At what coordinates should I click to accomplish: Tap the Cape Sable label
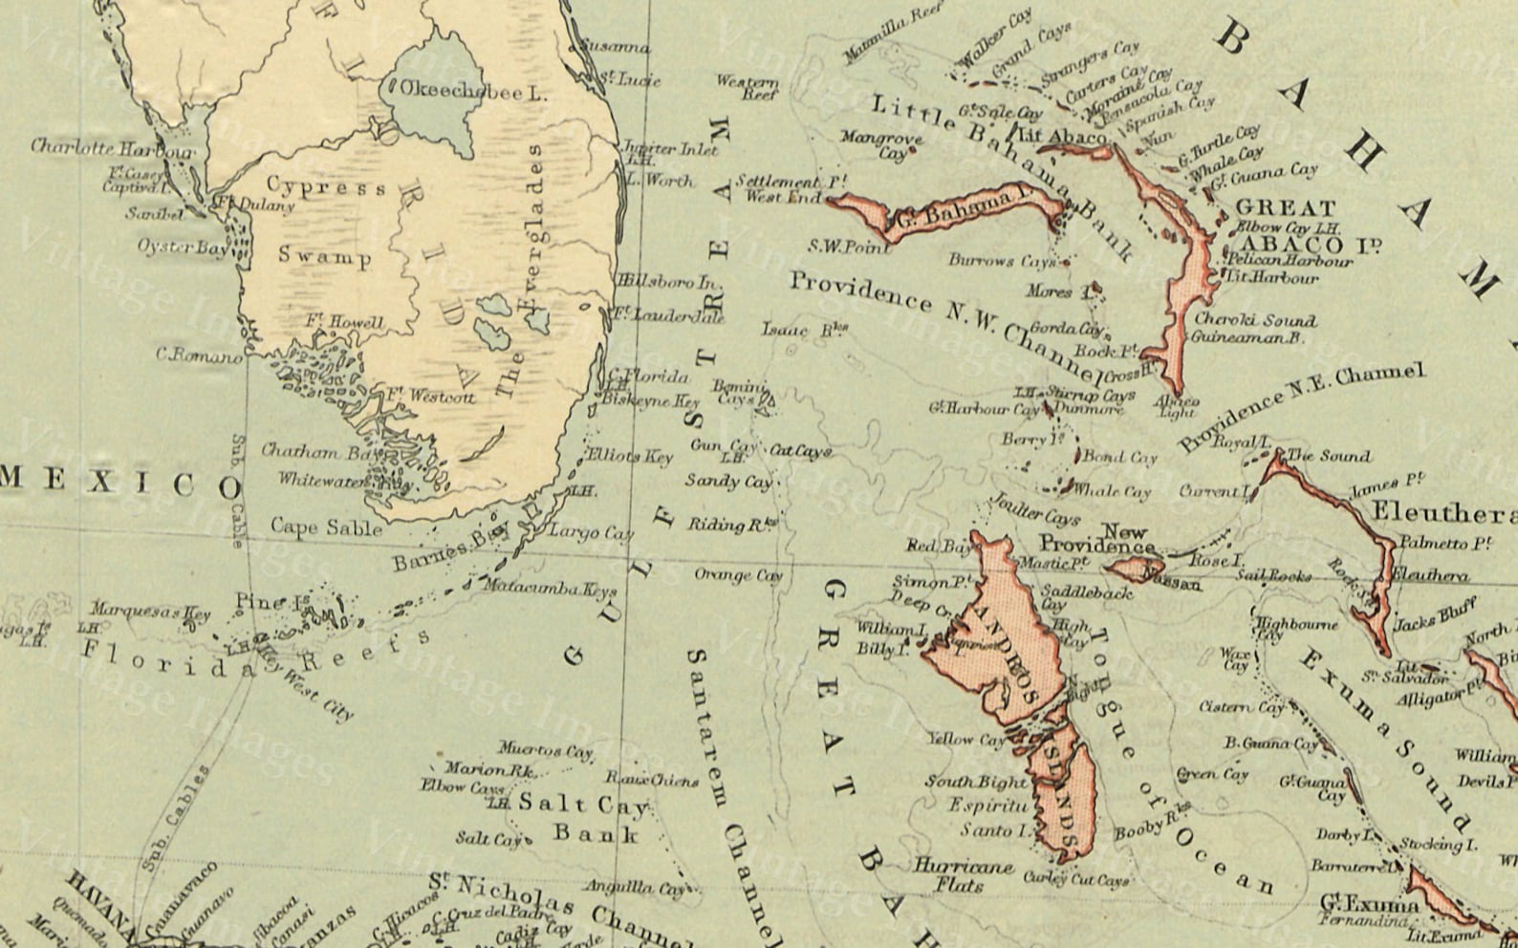pos(326,527)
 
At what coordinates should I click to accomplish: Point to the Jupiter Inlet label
pos(669,149)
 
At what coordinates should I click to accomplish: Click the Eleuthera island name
pos(1443,513)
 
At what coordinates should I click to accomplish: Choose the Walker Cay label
pos(996,40)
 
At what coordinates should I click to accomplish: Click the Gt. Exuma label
pos(1369,902)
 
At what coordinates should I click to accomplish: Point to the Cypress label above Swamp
pos(326,186)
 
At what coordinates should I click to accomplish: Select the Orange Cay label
pos(737,575)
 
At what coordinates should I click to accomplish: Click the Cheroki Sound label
pos(1255,320)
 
